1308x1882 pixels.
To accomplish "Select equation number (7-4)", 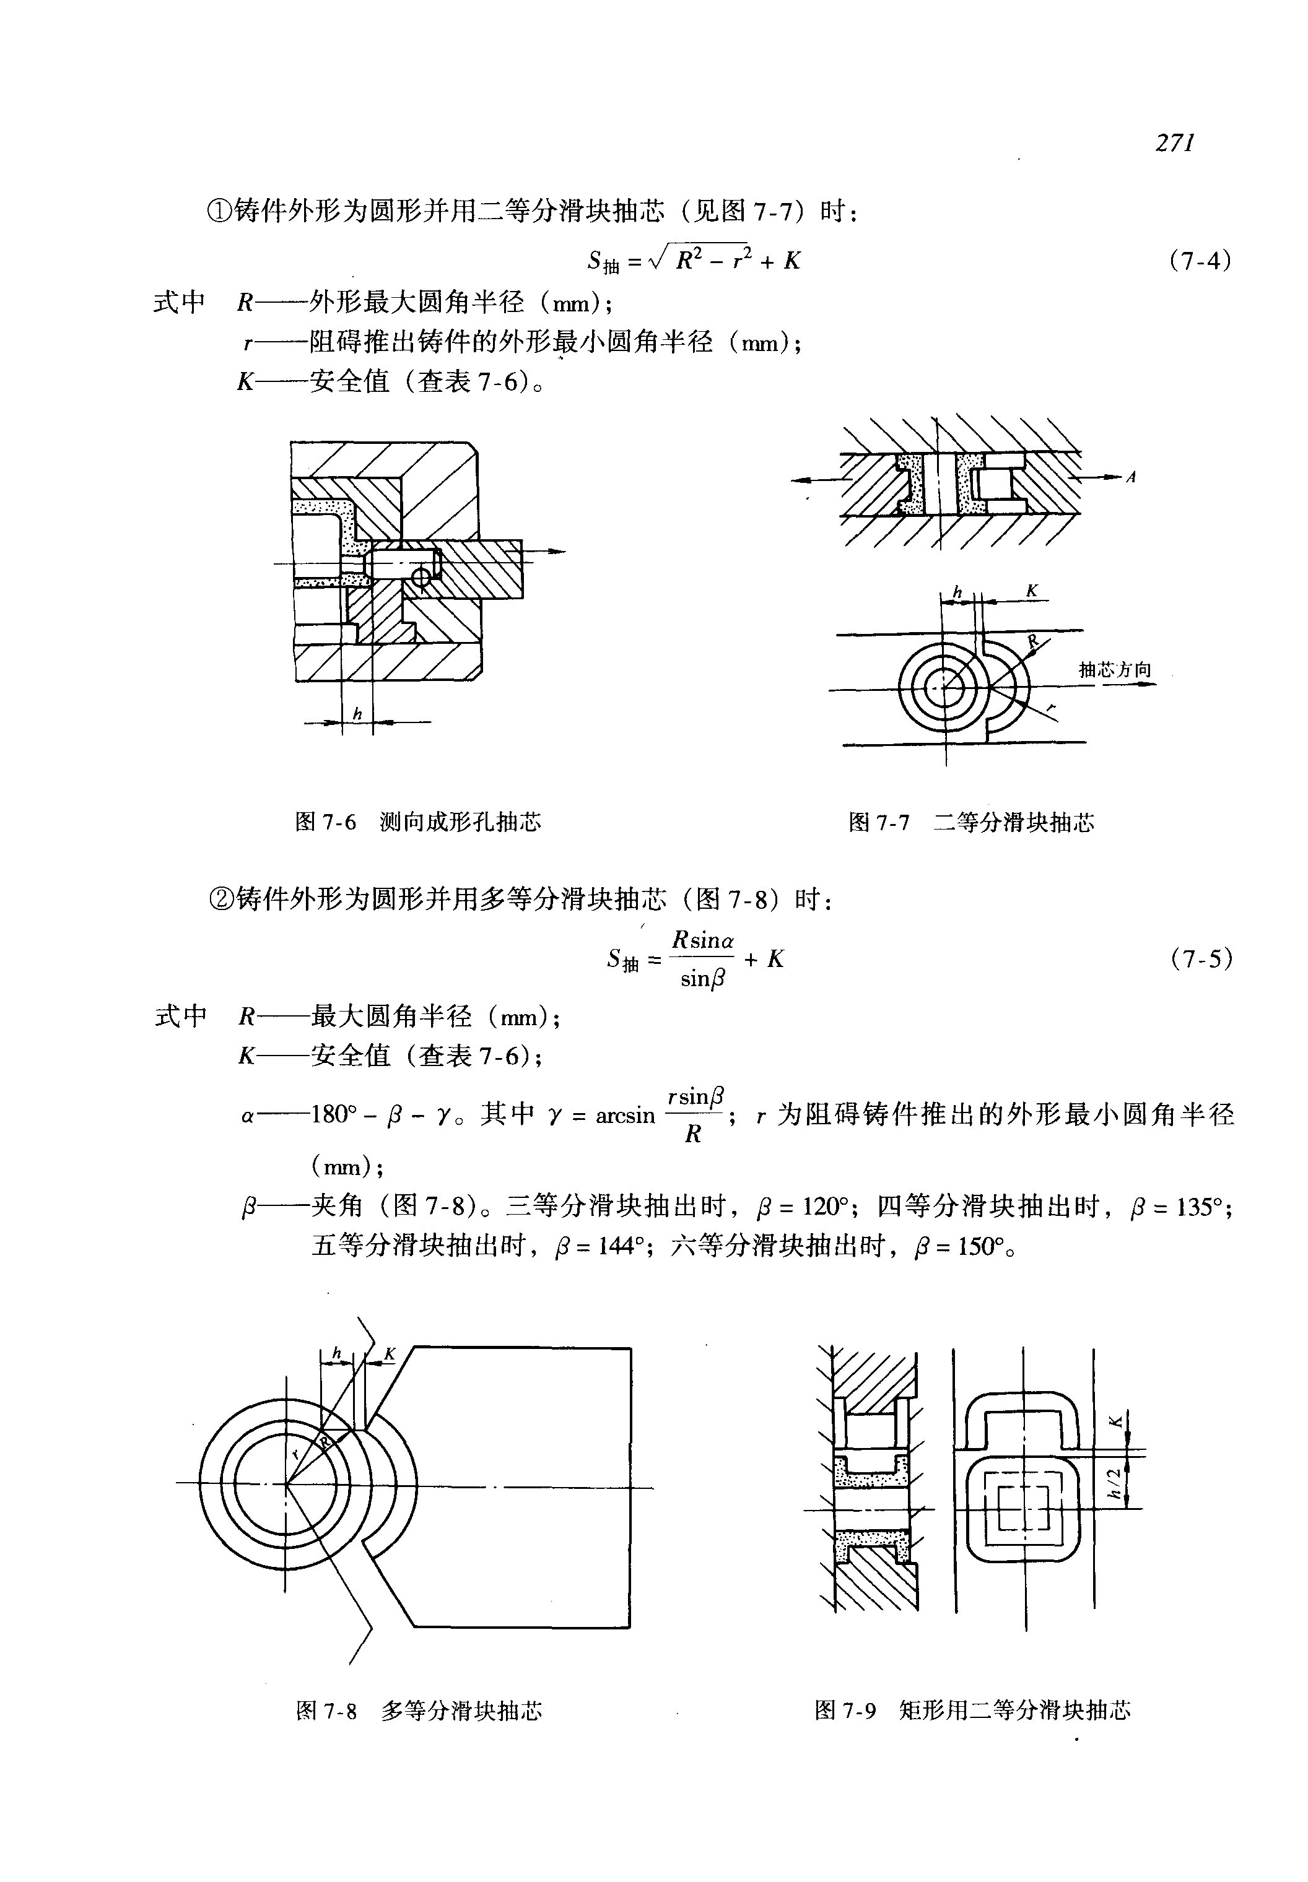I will coord(1201,261).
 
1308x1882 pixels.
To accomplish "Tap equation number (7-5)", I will coord(1201,958).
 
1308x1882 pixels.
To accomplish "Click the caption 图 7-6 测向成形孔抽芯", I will coord(418,822).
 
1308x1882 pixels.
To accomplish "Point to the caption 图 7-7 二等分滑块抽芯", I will coord(971,822).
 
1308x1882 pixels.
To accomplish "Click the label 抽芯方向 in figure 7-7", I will coord(1115,670).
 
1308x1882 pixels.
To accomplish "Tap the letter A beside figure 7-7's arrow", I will coord(1131,477).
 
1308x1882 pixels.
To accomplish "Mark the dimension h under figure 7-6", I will coord(357,714).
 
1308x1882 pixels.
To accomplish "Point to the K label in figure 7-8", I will coord(390,1355).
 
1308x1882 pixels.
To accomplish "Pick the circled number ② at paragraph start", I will coord(221,900).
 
